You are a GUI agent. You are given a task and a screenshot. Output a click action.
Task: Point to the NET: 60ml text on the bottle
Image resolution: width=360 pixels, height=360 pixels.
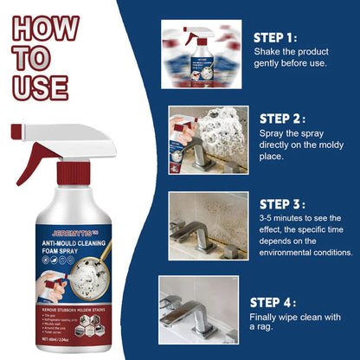tap(69, 292)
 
